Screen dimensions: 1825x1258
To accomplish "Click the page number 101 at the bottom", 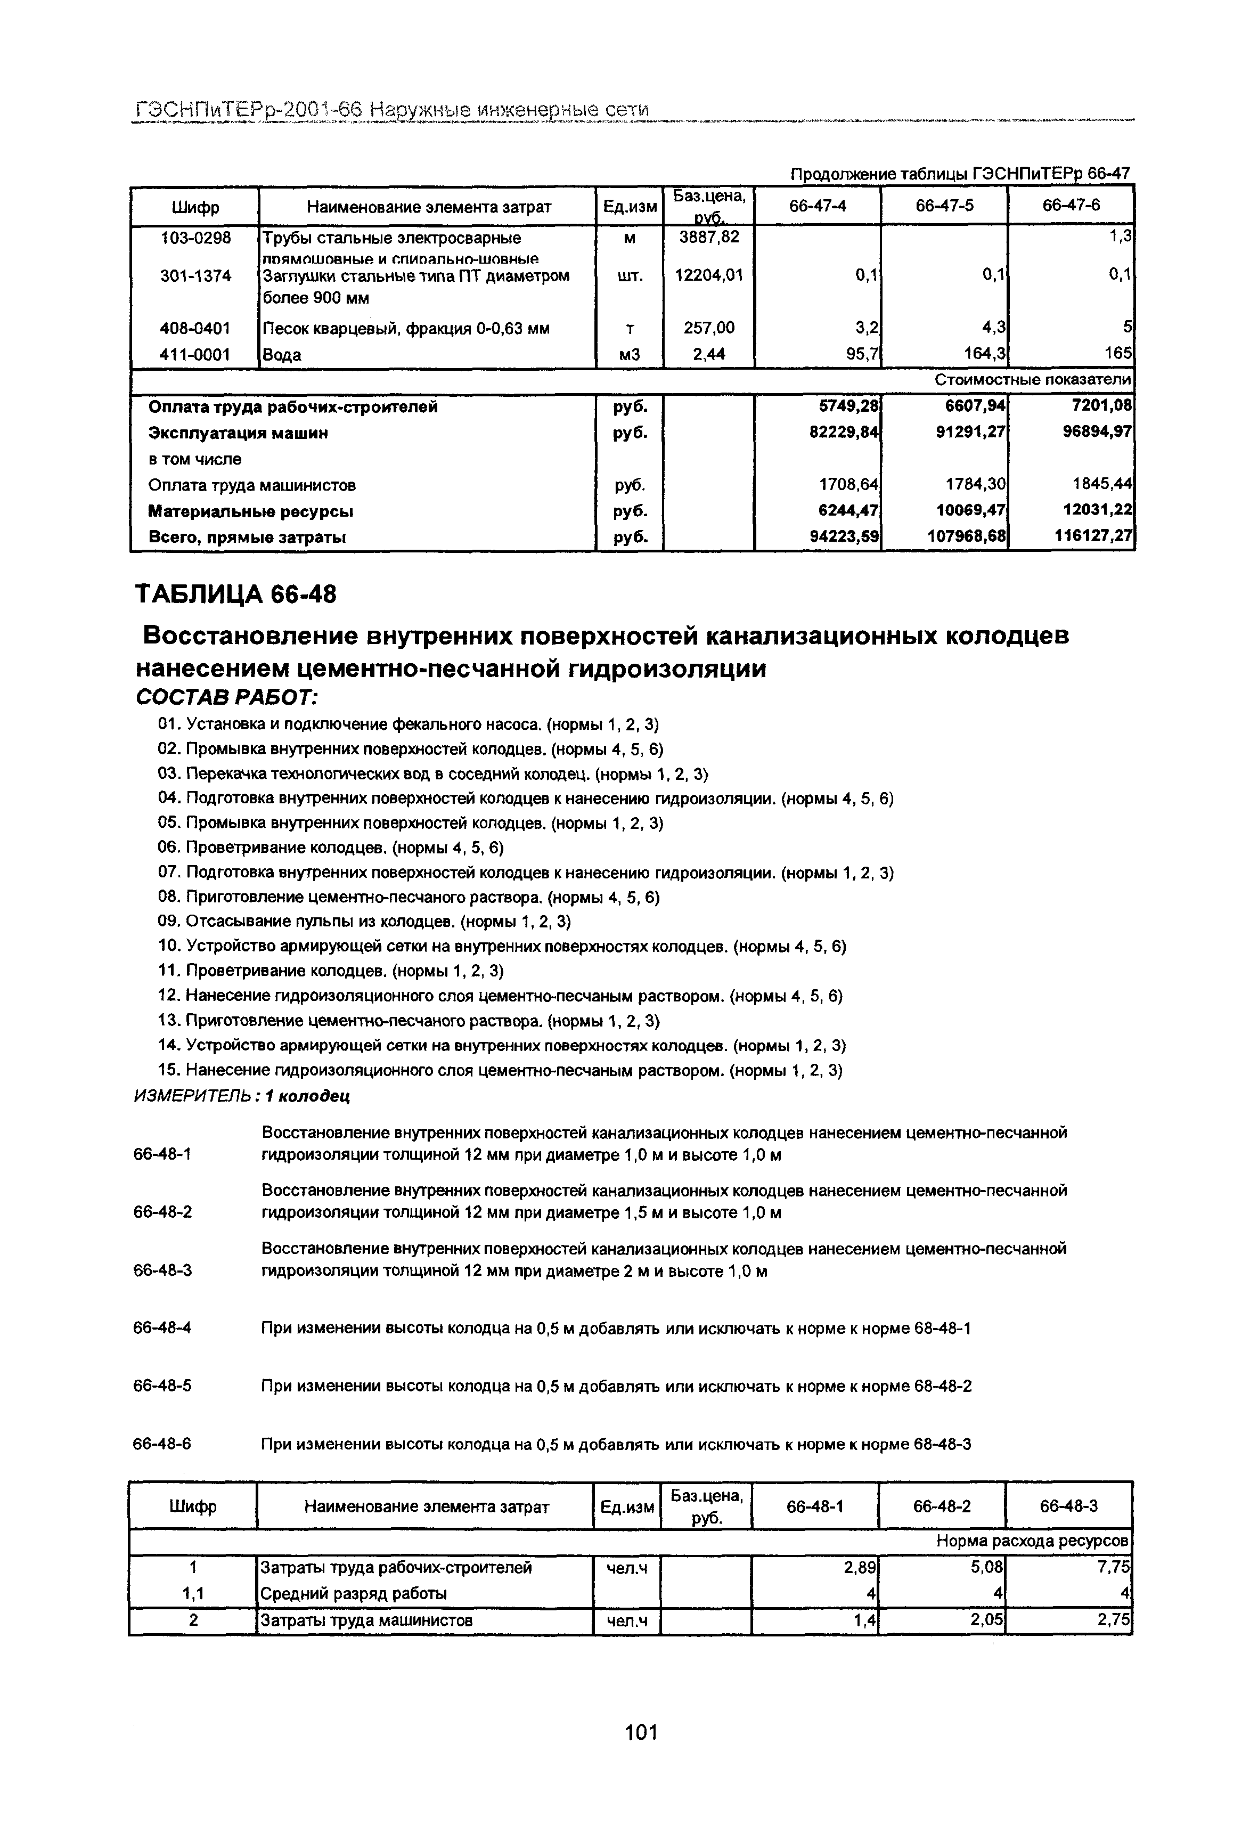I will (x=640, y=1732).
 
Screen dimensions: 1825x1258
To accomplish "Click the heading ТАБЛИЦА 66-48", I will (x=236, y=593).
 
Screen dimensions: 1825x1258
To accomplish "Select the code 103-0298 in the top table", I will (x=195, y=237).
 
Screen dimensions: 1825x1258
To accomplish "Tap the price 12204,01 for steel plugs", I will (x=710, y=275).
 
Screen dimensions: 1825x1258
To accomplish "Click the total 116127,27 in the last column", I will (x=1093, y=537).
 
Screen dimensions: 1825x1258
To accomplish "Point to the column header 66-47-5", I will (x=944, y=206).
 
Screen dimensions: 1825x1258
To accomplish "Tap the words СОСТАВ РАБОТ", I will (x=227, y=697).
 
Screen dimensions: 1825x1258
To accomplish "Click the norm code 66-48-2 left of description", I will (x=162, y=1212).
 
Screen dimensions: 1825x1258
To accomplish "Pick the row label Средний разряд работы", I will (x=353, y=1593).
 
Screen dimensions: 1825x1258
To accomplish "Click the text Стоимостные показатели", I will (x=1033, y=380).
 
